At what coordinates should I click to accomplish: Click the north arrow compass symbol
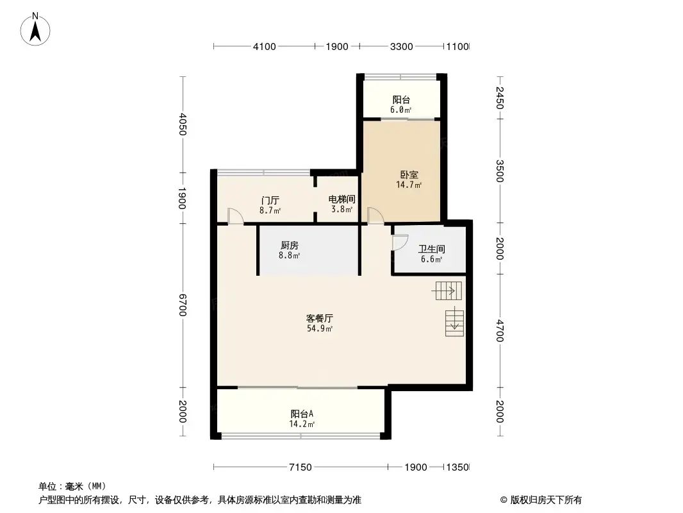click(x=35, y=29)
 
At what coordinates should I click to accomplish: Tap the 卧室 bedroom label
click(x=409, y=175)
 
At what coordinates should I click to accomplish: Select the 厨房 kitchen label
click(x=289, y=246)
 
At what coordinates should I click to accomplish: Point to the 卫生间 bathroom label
click(x=431, y=249)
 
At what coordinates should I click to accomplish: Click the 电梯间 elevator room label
click(x=341, y=199)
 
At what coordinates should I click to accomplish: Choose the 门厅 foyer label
click(x=270, y=201)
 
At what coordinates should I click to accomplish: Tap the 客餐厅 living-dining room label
click(x=320, y=318)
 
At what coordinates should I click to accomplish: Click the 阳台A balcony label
click(x=302, y=414)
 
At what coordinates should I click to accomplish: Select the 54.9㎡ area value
click(x=320, y=328)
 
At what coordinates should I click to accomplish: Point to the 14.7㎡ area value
click(x=409, y=185)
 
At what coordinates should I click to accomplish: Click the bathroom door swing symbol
click(x=400, y=242)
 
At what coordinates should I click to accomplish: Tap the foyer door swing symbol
click(x=236, y=216)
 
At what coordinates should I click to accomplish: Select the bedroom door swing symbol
click(x=375, y=215)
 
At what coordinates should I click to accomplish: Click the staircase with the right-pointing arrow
click(x=447, y=290)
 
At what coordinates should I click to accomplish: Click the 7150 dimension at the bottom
click(x=300, y=467)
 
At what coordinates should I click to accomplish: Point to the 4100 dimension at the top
click(x=265, y=47)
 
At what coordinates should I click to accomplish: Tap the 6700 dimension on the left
click(x=183, y=305)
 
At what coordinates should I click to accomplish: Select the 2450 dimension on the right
click(x=500, y=98)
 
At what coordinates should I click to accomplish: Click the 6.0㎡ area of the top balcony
click(x=400, y=110)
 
